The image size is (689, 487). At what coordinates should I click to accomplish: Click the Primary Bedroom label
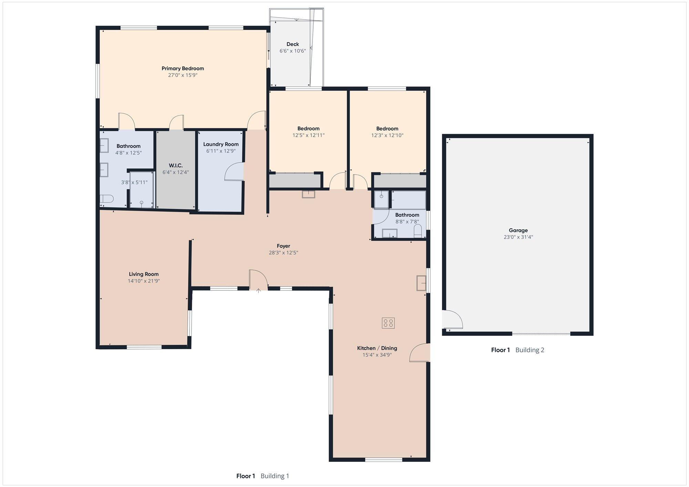183,68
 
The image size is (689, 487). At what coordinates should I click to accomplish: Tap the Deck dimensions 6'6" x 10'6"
292,51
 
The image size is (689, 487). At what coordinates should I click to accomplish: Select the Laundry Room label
221,144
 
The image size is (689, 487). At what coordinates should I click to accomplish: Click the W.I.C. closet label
176,166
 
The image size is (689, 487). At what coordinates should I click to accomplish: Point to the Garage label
518,230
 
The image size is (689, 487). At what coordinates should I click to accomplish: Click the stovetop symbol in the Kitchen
388,323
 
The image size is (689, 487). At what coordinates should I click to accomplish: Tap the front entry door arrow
258,291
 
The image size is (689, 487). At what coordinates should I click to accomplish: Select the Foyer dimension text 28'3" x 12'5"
284,252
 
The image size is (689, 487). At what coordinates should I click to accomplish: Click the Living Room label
144,274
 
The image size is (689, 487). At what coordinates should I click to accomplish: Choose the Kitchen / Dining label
377,348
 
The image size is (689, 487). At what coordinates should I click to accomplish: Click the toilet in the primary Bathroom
106,199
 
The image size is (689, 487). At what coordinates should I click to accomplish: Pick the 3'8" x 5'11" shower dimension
134,183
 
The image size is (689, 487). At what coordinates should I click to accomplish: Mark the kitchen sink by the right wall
421,283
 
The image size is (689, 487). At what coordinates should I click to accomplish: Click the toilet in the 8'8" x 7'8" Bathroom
418,231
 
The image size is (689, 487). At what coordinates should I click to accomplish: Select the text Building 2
530,350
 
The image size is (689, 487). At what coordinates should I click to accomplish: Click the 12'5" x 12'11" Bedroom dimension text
308,135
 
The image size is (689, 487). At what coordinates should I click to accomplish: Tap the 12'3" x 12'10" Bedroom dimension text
387,135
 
